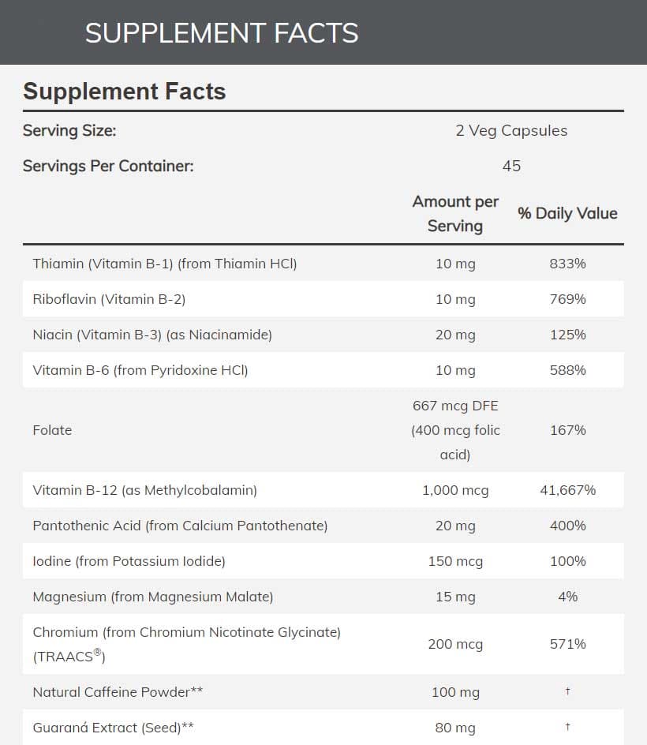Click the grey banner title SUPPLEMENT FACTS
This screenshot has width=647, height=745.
click(x=222, y=33)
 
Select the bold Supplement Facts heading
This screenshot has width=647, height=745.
click(x=124, y=92)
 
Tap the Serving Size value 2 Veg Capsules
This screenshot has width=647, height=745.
click(x=511, y=130)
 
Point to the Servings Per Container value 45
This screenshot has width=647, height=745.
click(x=511, y=166)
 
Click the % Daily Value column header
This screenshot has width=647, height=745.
click(x=567, y=213)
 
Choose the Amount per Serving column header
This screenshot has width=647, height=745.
click(x=455, y=213)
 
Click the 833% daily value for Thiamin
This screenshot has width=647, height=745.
click(x=567, y=264)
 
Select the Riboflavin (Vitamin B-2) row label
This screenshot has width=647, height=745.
click(x=109, y=299)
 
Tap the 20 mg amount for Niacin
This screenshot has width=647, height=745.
click(x=455, y=335)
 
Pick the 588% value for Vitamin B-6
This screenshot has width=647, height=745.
click(x=567, y=370)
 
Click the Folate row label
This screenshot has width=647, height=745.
click(x=52, y=430)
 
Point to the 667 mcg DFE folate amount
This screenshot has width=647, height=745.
click(x=455, y=406)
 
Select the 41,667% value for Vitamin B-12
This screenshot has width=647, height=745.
click(x=567, y=490)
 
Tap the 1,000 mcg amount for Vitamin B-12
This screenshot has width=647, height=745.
click(x=455, y=490)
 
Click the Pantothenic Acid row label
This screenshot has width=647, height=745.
click(x=180, y=526)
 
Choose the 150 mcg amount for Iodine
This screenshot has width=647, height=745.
click(x=455, y=561)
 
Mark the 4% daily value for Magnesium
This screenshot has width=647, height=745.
click(x=567, y=597)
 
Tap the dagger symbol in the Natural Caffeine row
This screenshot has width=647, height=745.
click(x=567, y=691)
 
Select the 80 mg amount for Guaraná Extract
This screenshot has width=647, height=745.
click(x=455, y=728)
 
